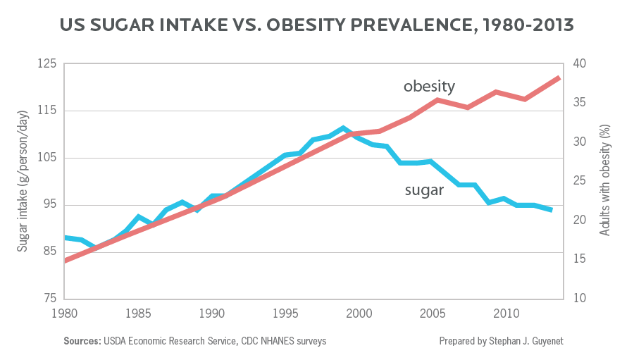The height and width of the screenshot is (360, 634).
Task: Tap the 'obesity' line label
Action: [429, 86]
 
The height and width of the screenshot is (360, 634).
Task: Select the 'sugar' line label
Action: [425, 190]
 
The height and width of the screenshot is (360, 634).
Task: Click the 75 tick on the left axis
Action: [49, 299]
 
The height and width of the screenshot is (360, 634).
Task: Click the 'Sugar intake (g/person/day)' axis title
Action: [23, 181]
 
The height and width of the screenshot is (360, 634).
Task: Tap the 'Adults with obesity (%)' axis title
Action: [604, 180]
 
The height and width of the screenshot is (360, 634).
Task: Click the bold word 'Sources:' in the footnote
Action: [82, 341]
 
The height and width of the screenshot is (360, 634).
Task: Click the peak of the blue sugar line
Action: [343, 128]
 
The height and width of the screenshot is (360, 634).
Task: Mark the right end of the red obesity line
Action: [559, 78]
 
